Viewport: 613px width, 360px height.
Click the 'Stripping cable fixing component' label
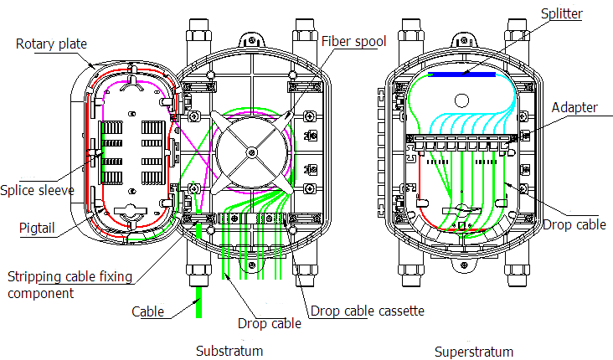click(x=63, y=285)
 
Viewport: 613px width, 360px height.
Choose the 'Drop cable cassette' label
click(x=367, y=311)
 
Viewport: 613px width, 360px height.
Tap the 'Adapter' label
click(x=574, y=108)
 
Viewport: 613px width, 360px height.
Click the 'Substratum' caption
click(x=229, y=350)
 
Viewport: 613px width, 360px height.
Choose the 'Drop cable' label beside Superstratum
click(x=574, y=224)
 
